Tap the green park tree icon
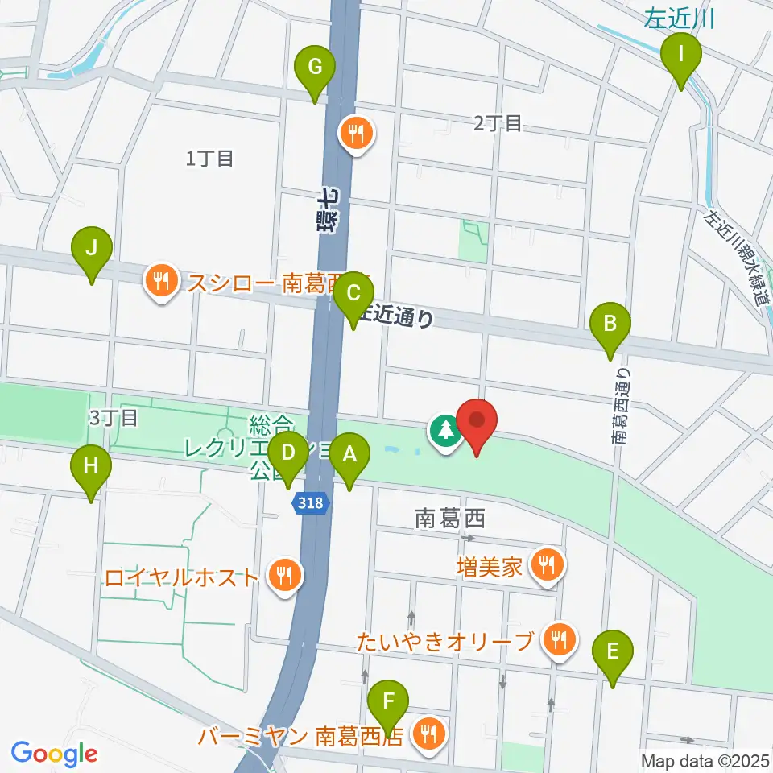[444, 432]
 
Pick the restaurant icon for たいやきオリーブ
[557, 641]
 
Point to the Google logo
[54, 754]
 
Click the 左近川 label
[680, 18]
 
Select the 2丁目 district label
[498, 123]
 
